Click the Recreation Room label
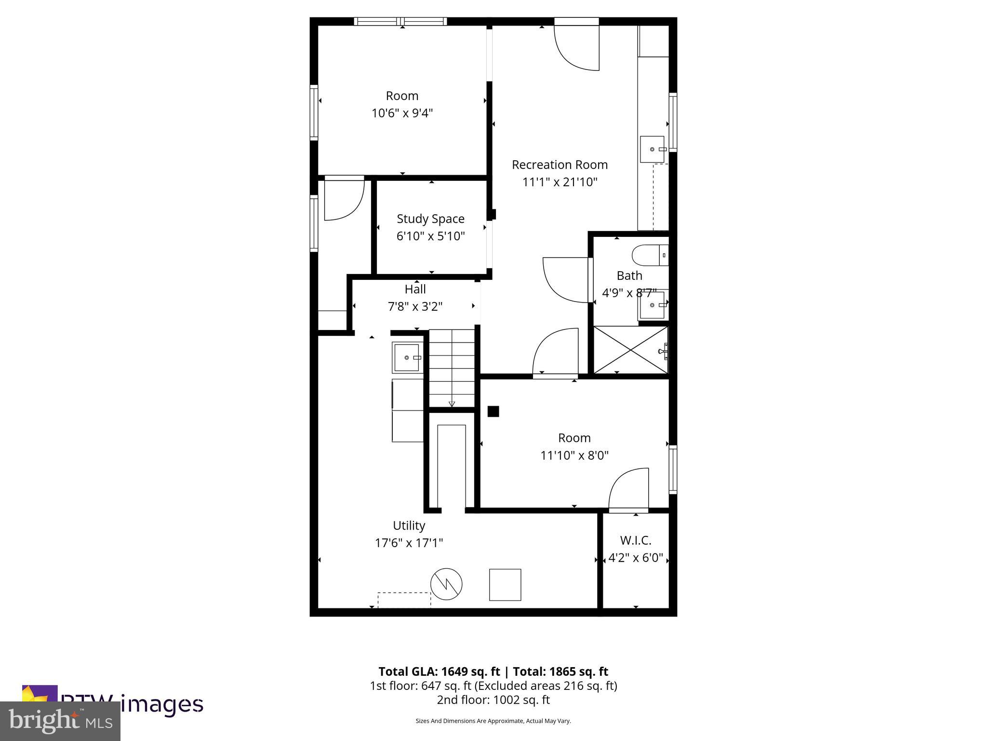tap(560, 165)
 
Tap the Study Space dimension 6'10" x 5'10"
tap(430, 236)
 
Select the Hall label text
tap(415, 289)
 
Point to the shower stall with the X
tap(630, 350)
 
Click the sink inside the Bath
tap(653, 305)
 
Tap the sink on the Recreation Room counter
tap(653, 150)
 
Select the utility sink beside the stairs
tap(407, 357)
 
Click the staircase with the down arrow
tap(452, 369)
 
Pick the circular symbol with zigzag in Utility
tap(446, 584)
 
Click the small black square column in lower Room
tap(493, 412)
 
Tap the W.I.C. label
tap(636, 540)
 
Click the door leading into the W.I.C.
tap(628, 490)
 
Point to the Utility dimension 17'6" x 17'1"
tap(409, 543)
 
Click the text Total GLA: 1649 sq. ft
tap(439, 672)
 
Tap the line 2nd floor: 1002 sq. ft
tap(493, 700)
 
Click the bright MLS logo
tap(60, 721)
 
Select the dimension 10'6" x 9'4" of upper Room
tap(402, 113)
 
